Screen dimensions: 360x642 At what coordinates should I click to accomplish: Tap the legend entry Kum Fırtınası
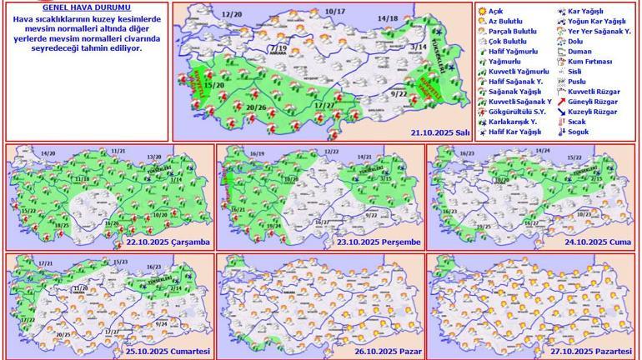[x=589, y=61]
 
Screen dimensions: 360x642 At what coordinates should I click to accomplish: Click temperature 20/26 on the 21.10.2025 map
[x=258, y=107]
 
